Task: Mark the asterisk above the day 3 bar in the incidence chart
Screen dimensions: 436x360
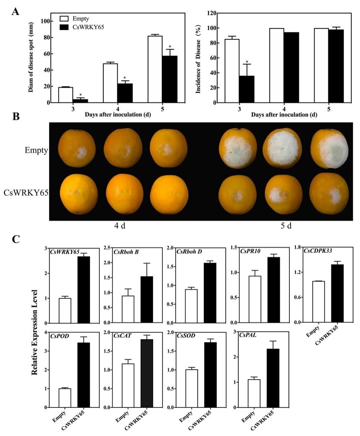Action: point(247,62)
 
